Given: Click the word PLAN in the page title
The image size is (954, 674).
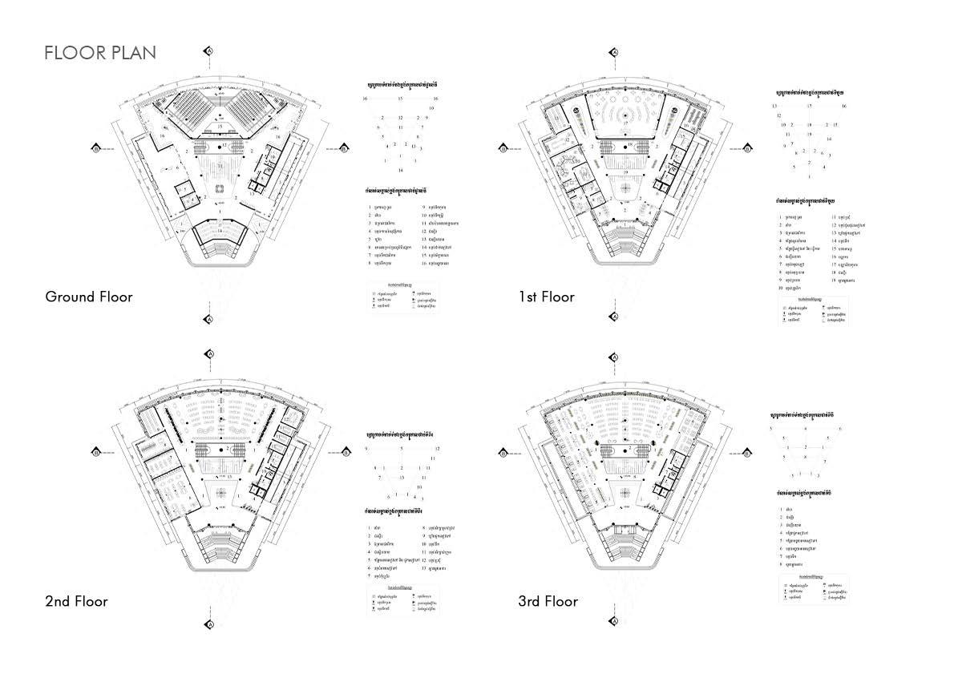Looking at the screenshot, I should (133, 53).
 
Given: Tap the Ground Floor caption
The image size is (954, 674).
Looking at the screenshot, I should (88, 297).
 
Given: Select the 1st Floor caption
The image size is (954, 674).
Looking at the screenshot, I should (546, 297).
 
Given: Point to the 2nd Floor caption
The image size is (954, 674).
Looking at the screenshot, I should (76, 601).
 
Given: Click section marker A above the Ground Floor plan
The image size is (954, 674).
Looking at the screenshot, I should (209, 50).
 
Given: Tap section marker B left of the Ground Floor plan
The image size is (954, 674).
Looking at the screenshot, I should (96, 148).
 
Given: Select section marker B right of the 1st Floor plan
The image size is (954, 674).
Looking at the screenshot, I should (750, 148).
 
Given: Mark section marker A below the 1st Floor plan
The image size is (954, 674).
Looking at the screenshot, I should (616, 317).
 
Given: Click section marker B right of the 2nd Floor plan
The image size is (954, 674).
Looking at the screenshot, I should (344, 452).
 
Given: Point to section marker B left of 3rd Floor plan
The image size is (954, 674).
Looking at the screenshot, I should (502, 452).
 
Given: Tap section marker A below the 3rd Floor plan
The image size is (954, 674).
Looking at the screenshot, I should (616, 623).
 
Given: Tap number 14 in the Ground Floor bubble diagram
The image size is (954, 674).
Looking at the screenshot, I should (401, 171).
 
